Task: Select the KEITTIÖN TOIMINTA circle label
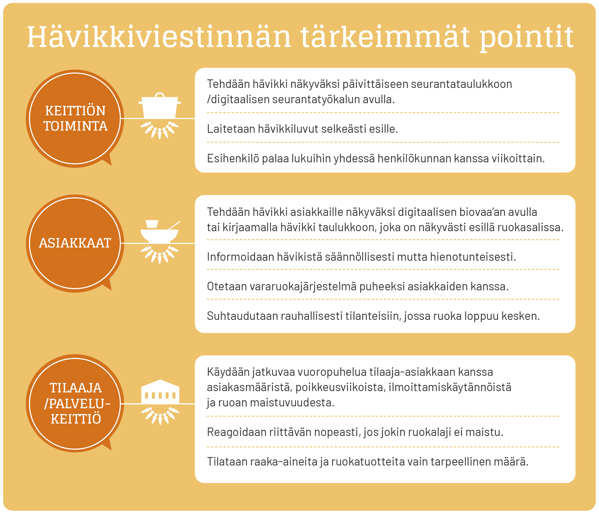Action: click(75, 119)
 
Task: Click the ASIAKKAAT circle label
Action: click(75, 243)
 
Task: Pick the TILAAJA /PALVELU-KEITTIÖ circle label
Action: click(77, 403)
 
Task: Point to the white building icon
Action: click(160, 391)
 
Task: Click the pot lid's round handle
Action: click(160, 95)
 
